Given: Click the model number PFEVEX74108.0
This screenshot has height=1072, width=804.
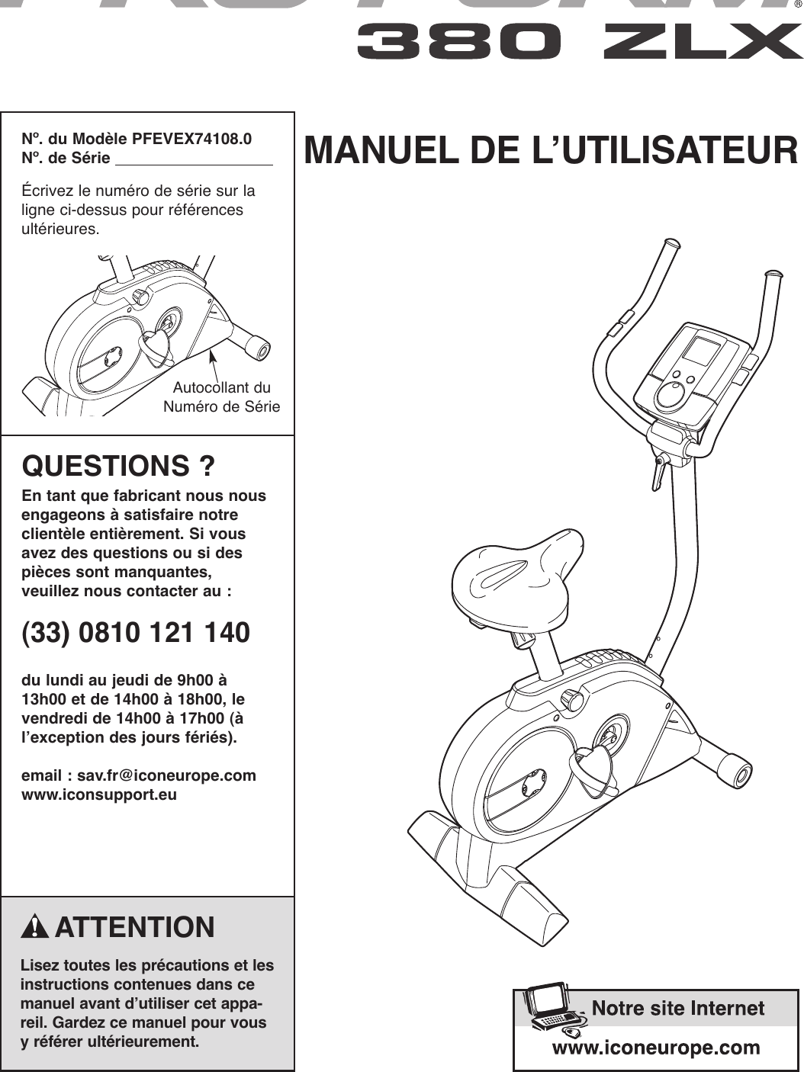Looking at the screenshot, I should tap(191, 140).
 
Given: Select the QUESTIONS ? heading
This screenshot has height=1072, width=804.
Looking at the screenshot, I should tap(118, 465).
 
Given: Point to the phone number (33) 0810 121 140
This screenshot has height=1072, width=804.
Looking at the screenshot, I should tap(136, 633).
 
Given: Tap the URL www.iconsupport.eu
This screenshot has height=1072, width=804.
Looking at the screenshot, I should tap(99, 794).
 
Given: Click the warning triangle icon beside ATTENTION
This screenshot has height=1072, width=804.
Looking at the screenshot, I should tap(36, 927).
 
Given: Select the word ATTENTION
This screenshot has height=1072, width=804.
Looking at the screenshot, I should tap(135, 927).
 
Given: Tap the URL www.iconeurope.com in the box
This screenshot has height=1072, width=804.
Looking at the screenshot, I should tap(656, 1047).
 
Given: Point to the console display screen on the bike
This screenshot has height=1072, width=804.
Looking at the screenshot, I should tap(701, 352).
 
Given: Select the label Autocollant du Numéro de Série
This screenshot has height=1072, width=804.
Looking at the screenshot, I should tap(222, 396).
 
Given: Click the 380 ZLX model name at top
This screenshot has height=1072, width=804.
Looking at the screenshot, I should tap(580, 42).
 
